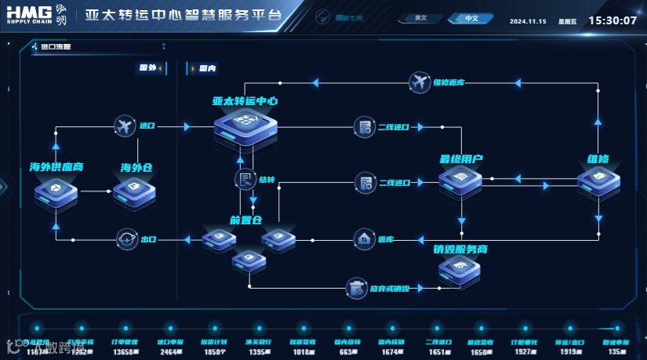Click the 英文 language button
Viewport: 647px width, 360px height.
click(x=421, y=18)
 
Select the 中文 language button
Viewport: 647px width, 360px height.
click(x=471, y=18)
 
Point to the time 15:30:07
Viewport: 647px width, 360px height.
click(x=612, y=20)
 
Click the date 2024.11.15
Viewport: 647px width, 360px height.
click(x=527, y=21)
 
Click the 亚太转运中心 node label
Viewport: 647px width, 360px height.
click(x=245, y=101)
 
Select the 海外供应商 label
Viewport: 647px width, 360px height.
click(x=56, y=167)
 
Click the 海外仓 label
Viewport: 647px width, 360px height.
click(x=136, y=167)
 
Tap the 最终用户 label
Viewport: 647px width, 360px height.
click(x=461, y=159)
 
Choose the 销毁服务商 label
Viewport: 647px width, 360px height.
click(x=460, y=249)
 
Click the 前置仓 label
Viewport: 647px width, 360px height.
click(x=245, y=220)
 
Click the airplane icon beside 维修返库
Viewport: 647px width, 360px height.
click(x=420, y=82)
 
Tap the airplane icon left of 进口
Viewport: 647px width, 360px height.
click(x=124, y=125)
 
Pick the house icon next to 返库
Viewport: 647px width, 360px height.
click(x=364, y=238)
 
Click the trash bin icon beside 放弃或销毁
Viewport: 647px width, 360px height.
click(x=358, y=288)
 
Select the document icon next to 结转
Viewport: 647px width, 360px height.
click(x=245, y=180)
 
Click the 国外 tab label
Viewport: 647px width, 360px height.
click(x=147, y=68)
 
